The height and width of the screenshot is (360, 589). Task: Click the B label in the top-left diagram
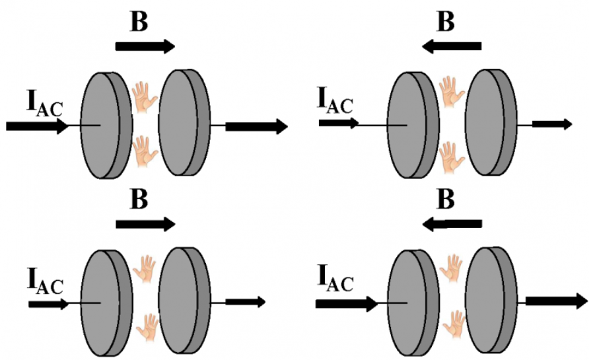tap(139, 22)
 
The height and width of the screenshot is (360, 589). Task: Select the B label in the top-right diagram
tap(446, 22)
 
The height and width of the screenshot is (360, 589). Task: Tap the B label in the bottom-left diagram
tap(139, 199)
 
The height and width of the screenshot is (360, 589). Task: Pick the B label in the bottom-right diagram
tap(446, 199)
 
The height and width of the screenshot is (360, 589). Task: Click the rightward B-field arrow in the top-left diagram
tap(145, 46)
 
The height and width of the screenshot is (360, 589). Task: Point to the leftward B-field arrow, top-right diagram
tap(451, 46)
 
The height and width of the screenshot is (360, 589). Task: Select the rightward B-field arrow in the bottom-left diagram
tap(145, 225)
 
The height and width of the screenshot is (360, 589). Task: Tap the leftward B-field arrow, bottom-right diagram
tap(452, 225)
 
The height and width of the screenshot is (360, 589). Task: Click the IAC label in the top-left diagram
tap(44, 103)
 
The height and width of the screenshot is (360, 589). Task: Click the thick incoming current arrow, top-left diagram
tap(38, 126)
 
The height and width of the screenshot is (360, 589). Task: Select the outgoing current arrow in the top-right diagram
tap(552, 124)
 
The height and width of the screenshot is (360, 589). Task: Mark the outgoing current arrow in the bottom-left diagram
tap(245, 302)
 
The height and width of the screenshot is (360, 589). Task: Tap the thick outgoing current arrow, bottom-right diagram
tap(557, 301)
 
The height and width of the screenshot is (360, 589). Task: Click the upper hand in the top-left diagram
tap(145, 97)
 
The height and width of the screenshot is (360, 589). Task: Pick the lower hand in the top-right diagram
tap(452, 157)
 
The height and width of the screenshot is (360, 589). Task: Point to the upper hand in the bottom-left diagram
tap(144, 269)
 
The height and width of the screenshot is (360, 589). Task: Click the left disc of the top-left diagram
tap(107, 125)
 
